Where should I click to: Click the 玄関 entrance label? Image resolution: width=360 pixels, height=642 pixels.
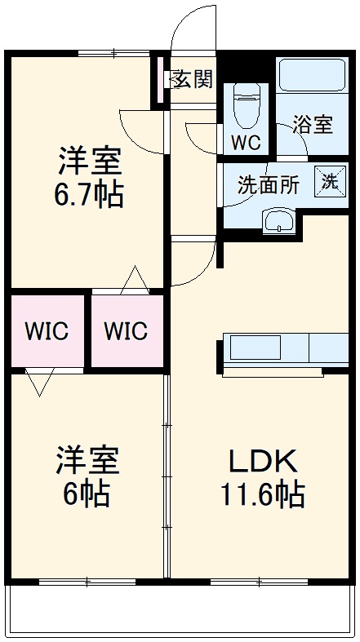click(x=193, y=79)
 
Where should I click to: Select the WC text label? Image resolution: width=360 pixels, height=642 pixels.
click(x=245, y=142)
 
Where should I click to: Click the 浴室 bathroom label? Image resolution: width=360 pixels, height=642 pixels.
click(x=313, y=125)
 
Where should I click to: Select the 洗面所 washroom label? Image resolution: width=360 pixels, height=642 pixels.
click(x=268, y=184)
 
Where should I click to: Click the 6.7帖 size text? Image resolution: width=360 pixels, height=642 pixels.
click(x=90, y=196)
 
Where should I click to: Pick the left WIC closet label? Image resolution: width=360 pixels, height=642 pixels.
click(x=46, y=332)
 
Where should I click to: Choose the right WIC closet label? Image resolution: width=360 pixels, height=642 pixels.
click(x=126, y=332)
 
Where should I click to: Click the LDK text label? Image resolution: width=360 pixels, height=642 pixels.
click(x=261, y=463)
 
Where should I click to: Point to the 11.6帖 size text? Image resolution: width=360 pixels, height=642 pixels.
click(x=261, y=494)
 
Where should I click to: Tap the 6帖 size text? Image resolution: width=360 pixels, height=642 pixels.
click(x=87, y=494)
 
